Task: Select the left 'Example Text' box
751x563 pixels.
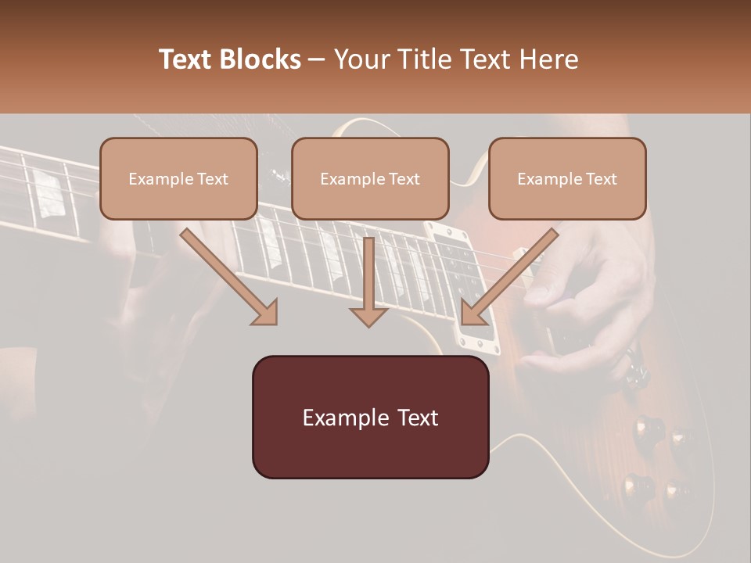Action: (178, 178)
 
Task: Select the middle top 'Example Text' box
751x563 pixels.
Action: (370, 178)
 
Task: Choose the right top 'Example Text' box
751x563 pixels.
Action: (567, 178)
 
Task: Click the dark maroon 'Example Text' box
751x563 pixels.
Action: (370, 417)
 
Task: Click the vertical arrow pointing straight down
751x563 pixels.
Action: (368, 281)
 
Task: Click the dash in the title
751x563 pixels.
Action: (317, 60)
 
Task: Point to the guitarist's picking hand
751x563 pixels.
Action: (587, 297)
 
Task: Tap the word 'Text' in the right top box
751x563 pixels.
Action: (601, 179)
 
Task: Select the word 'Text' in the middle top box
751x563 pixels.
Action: (404, 179)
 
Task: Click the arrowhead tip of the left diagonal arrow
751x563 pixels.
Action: (275, 323)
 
